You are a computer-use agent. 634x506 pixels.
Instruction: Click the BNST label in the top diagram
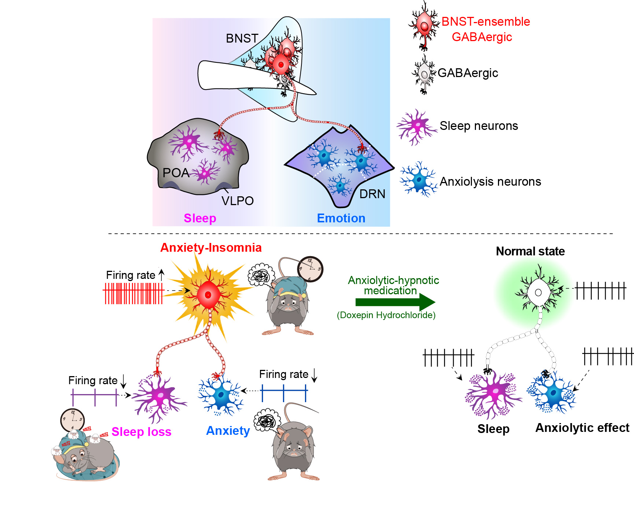pyautogui.click(x=242, y=39)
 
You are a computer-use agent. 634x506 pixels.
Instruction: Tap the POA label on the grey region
pyautogui.click(x=176, y=173)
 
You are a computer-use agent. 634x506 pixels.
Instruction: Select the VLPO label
pyautogui.click(x=238, y=201)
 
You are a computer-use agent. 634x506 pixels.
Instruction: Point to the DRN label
pyautogui.click(x=372, y=194)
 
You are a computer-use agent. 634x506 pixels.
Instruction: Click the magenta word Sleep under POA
pyautogui.click(x=200, y=218)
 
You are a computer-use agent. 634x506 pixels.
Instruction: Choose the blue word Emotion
pyautogui.click(x=341, y=218)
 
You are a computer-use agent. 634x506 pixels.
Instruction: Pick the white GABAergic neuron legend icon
pyautogui.click(x=424, y=74)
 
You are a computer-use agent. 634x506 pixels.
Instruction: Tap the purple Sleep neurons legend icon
pyautogui.click(x=417, y=127)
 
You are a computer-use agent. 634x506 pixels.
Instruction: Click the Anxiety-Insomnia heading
pyautogui.click(x=211, y=248)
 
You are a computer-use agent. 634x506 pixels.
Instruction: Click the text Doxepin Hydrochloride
pyautogui.click(x=386, y=315)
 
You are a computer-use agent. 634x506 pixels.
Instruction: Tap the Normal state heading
pyautogui.click(x=530, y=251)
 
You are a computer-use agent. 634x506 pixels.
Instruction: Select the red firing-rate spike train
pyautogui.click(x=133, y=293)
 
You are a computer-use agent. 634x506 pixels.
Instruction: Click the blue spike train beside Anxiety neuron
pyautogui.click(x=284, y=393)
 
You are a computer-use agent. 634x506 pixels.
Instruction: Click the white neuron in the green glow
pyautogui.click(x=538, y=292)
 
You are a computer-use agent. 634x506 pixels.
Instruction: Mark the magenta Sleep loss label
pyautogui.click(x=141, y=432)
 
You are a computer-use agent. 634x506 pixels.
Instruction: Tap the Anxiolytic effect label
pyautogui.click(x=582, y=428)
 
